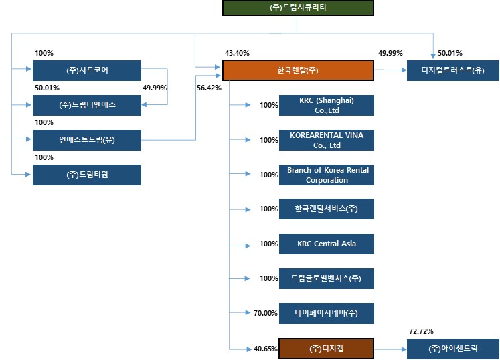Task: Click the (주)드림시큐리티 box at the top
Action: [297, 7]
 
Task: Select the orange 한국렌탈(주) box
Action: [297, 70]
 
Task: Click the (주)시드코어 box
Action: [87, 70]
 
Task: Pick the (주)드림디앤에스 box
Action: [87, 105]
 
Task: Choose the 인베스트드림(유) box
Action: [87, 140]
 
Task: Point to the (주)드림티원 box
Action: [87, 175]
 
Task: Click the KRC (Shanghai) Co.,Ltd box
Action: [327, 105]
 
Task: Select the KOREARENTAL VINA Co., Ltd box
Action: [327, 140]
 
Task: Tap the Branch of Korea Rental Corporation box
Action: [327, 175]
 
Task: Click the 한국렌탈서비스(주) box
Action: [327, 209]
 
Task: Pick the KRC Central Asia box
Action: [327, 244]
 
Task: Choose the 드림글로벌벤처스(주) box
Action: [327, 278]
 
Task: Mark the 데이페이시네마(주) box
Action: [327, 313]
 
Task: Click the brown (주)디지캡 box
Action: [327, 349]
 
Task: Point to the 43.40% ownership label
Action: [237, 53]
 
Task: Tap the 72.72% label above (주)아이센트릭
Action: [420, 331]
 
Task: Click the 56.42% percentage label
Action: [209, 88]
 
